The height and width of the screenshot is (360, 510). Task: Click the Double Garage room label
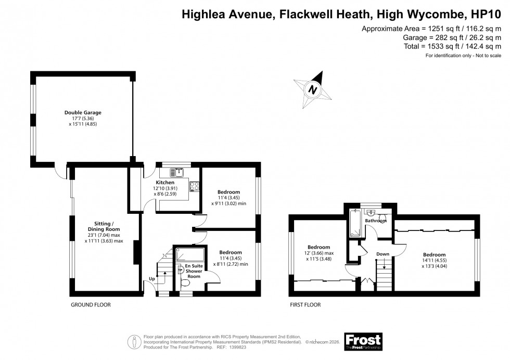tap(83, 112)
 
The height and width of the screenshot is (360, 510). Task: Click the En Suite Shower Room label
tap(194, 271)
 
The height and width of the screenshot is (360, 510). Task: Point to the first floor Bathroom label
tap(376, 221)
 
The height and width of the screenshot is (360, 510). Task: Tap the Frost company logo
tap(363, 341)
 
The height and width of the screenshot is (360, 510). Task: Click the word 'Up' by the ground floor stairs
tap(152, 279)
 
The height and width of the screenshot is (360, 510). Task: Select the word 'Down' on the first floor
tap(383, 254)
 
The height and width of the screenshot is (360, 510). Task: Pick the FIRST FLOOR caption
tap(305, 305)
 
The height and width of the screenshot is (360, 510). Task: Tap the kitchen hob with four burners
tap(195, 186)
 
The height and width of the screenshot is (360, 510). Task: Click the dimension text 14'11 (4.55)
tap(433, 261)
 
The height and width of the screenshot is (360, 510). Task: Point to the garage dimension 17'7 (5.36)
tap(83, 118)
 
